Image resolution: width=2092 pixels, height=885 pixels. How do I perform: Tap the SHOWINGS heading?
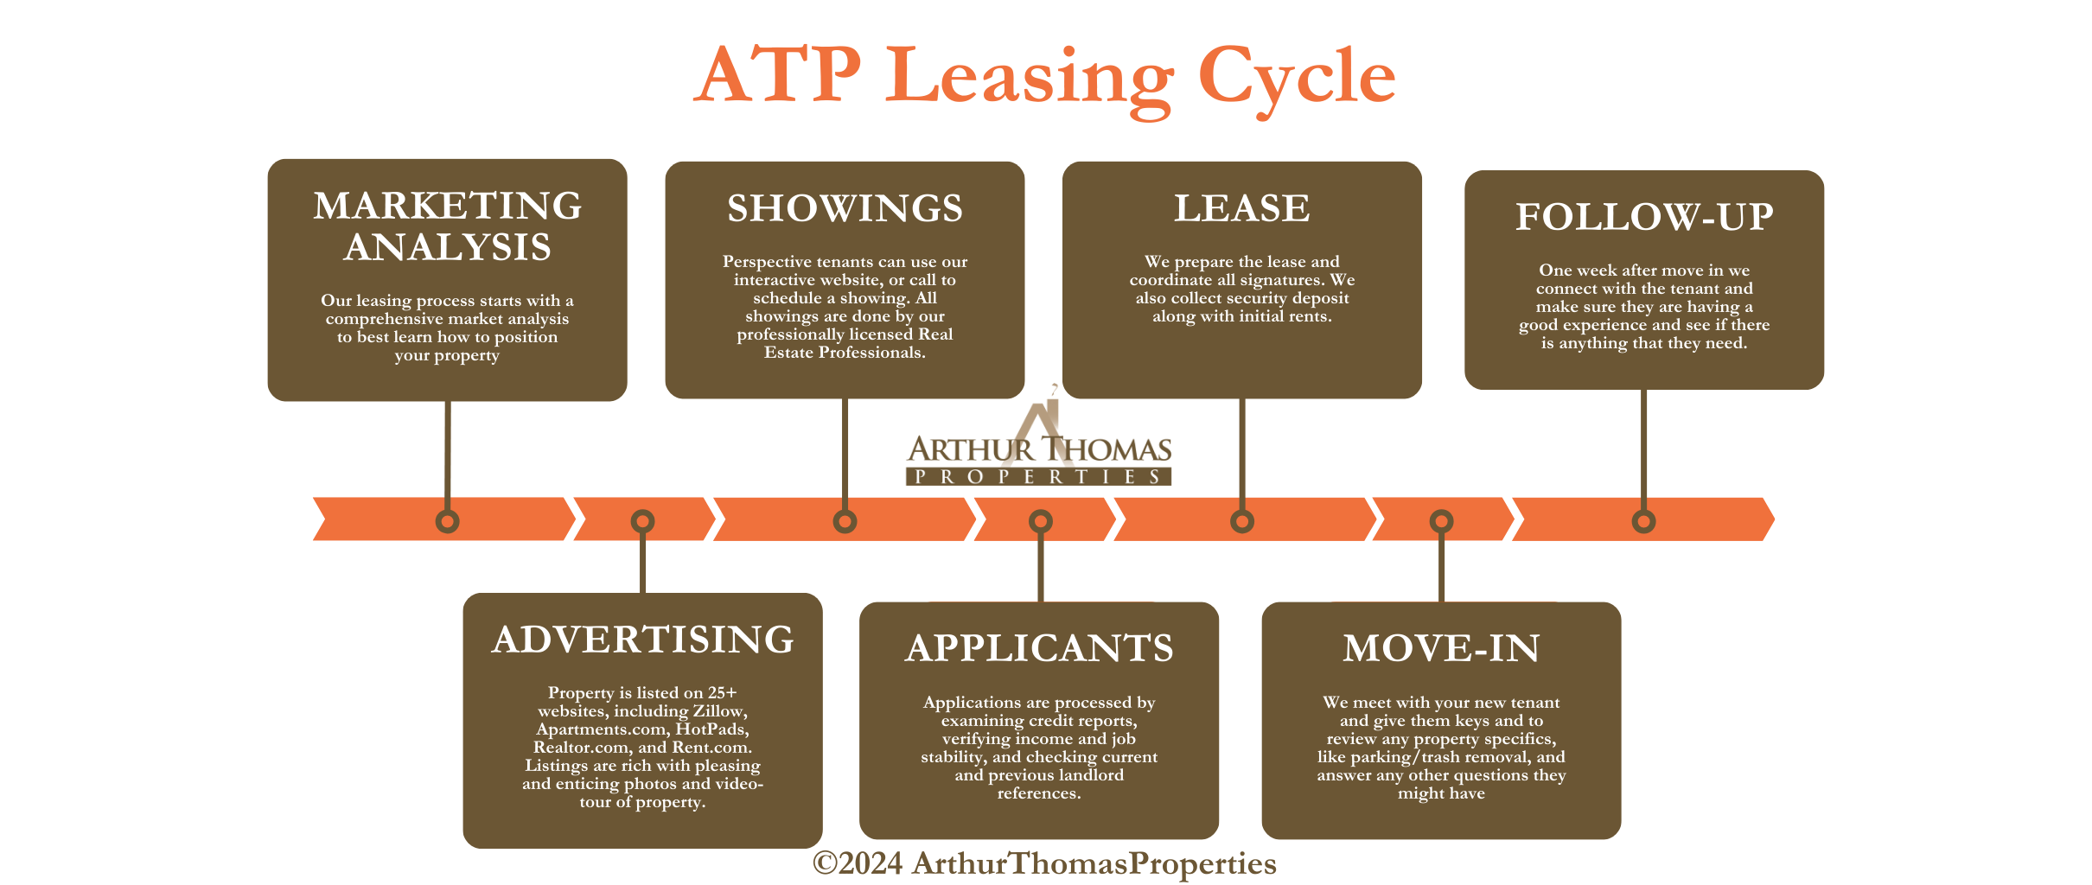[x=845, y=209]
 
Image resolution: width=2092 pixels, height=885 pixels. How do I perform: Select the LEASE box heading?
[x=1241, y=209]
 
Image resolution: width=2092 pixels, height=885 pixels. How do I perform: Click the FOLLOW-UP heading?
[x=1643, y=217]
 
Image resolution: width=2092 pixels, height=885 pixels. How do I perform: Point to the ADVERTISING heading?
[x=642, y=640]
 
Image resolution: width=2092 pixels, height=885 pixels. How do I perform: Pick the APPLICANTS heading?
[x=1039, y=649]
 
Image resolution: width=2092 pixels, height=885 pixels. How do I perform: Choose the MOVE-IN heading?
[x=1441, y=649]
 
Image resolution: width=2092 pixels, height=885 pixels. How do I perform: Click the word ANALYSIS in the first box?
[x=447, y=248]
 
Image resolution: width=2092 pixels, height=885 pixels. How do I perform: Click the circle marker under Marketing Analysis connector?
[x=447, y=521]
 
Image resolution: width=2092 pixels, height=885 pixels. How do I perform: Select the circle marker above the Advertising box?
[x=642, y=521]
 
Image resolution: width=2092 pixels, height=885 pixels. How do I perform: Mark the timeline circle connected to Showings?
[x=845, y=521]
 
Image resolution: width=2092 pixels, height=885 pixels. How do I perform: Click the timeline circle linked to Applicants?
[x=1041, y=521]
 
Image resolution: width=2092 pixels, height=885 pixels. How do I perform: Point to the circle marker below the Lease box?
[x=1242, y=521]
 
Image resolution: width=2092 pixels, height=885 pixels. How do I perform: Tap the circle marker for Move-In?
[x=1441, y=521]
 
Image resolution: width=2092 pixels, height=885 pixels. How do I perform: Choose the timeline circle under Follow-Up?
[x=1643, y=521]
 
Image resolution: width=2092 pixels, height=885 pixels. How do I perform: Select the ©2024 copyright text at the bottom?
[x=1043, y=863]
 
